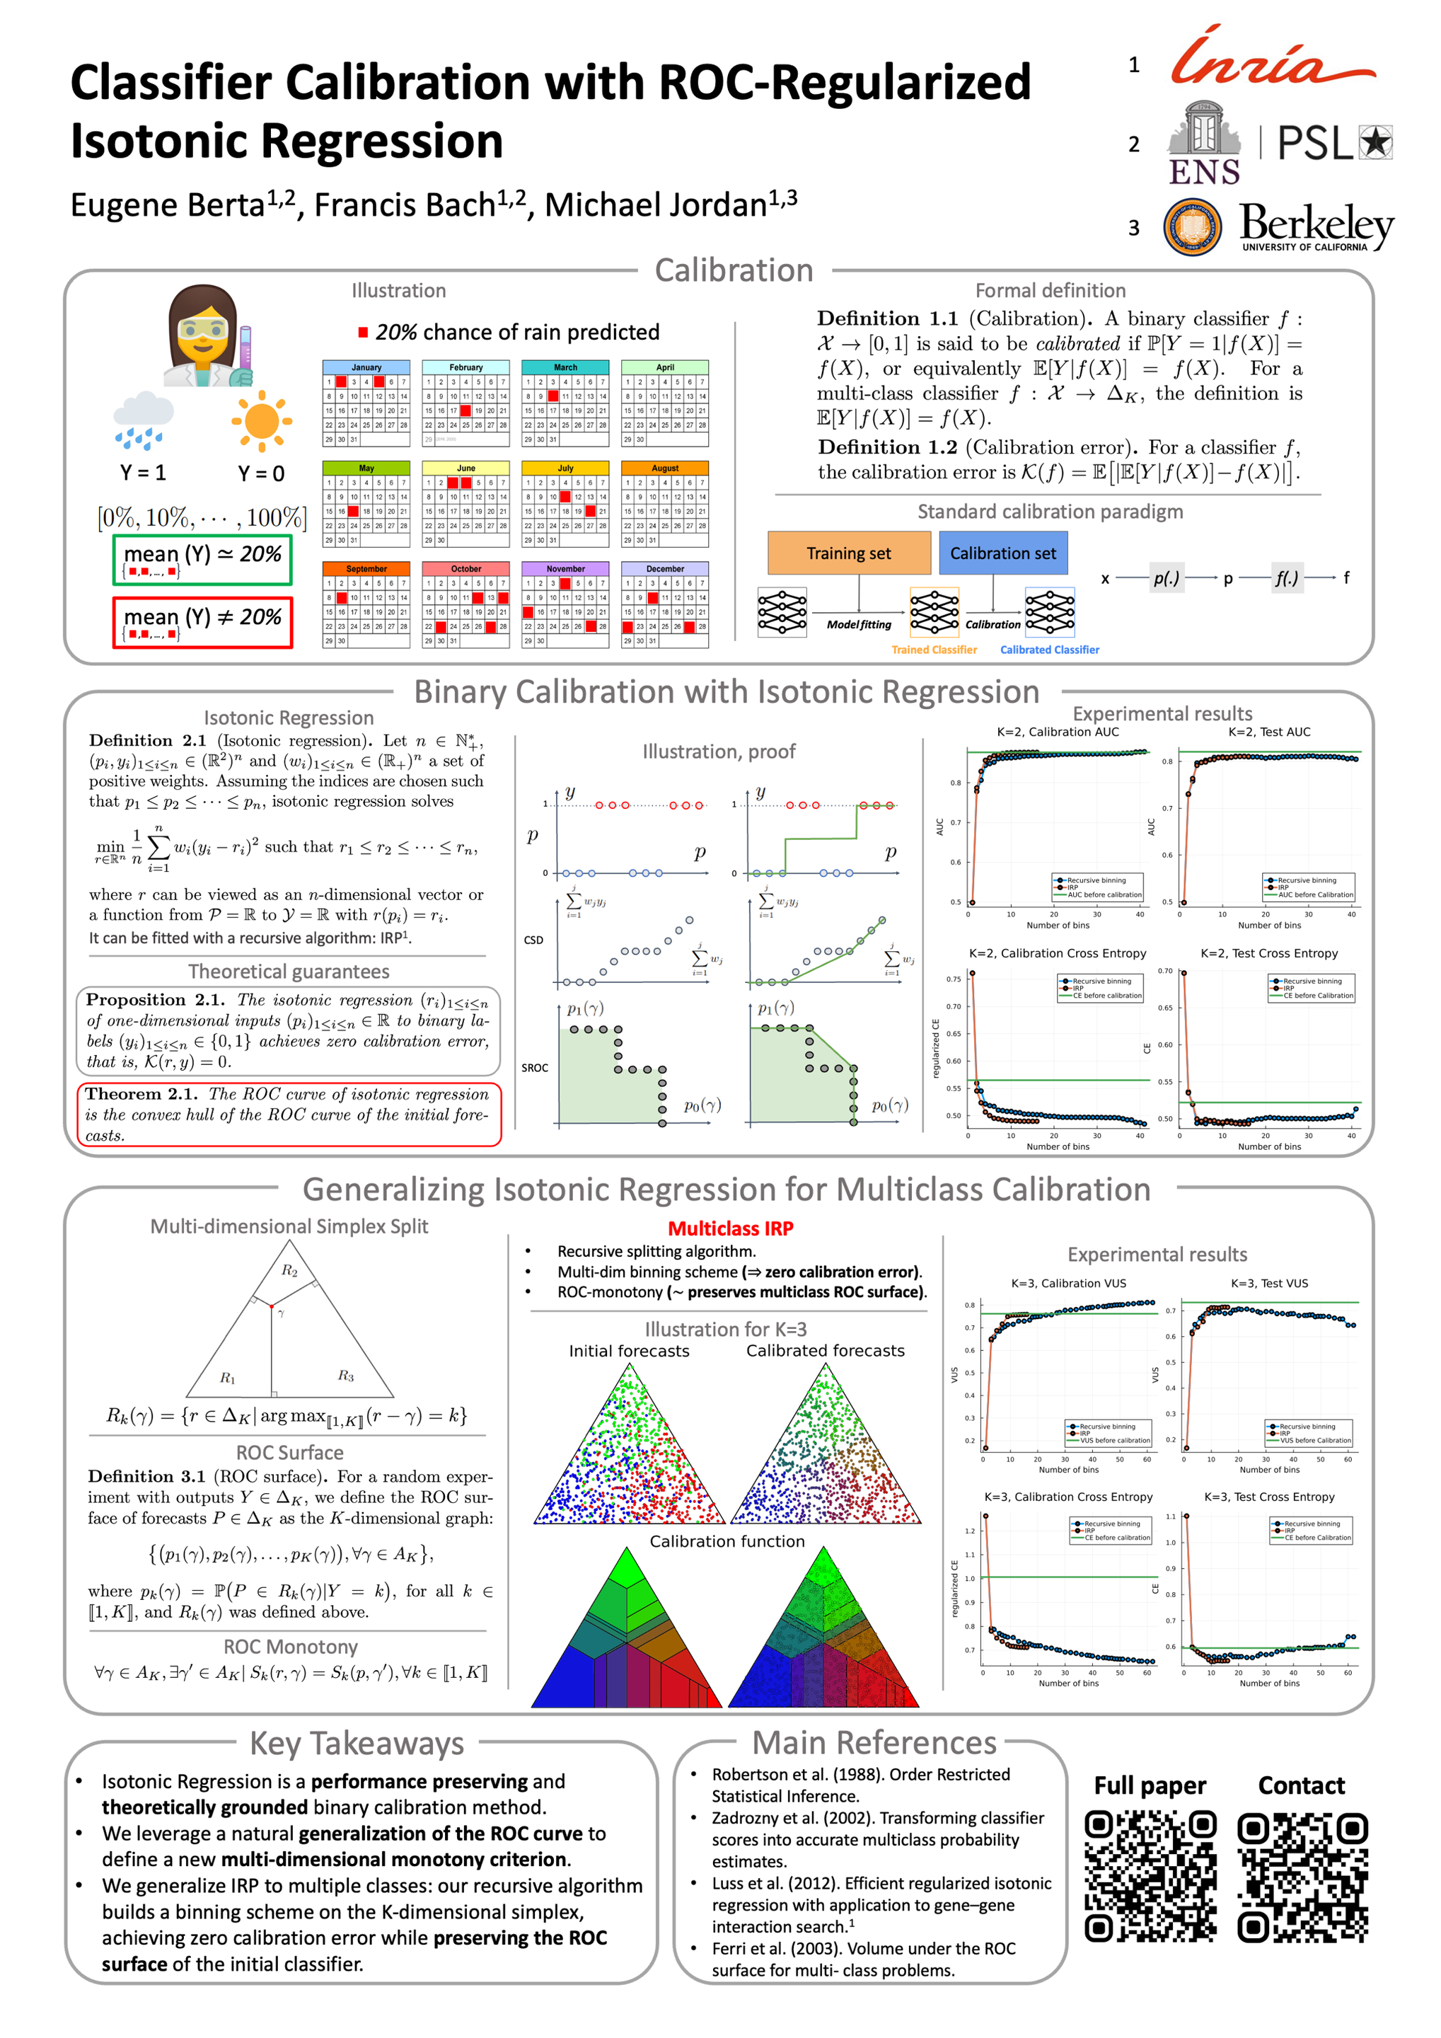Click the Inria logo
[x=1273, y=58]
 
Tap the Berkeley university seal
[x=1192, y=226]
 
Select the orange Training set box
[x=848, y=553]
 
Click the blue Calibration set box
[x=1002, y=553]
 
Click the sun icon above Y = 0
[x=261, y=421]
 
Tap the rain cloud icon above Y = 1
[x=143, y=421]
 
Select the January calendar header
[x=366, y=367]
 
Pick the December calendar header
[x=664, y=568]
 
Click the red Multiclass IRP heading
[x=730, y=1228]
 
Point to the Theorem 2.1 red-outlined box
[x=289, y=1114]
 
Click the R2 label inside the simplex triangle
[x=289, y=1270]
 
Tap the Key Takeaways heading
[x=357, y=1744]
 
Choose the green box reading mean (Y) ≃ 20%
[x=202, y=559]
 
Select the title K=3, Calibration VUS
[x=1068, y=1284]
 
